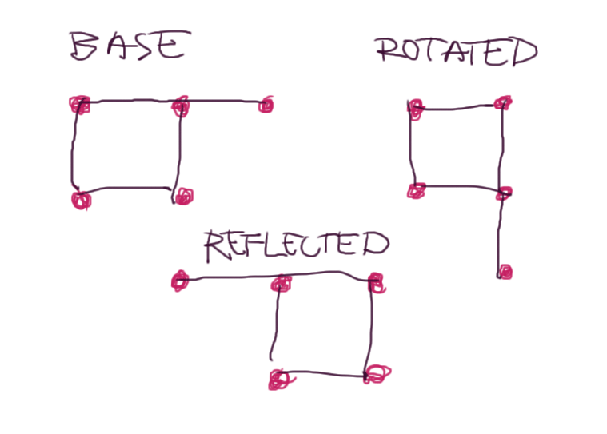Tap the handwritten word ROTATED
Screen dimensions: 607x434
[457, 52]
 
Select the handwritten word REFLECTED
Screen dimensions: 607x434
[296, 245]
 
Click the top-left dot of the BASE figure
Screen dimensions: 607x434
[78, 105]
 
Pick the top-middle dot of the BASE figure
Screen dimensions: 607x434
[181, 106]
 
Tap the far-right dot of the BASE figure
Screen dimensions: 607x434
[266, 105]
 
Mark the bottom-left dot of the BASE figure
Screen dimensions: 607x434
[80, 199]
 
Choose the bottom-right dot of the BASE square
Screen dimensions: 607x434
[183, 196]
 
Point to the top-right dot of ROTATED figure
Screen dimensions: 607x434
[502, 102]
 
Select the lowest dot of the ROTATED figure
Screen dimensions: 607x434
[504, 273]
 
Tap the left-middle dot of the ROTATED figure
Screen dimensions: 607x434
[416, 190]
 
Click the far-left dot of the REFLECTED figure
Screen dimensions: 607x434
[180, 280]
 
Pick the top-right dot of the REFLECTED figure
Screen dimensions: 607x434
[376, 281]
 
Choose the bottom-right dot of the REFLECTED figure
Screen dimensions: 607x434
[377, 373]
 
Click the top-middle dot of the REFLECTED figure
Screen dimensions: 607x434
[281, 283]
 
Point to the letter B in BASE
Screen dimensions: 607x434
[84, 47]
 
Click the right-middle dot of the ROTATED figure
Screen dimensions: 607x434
[504, 193]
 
